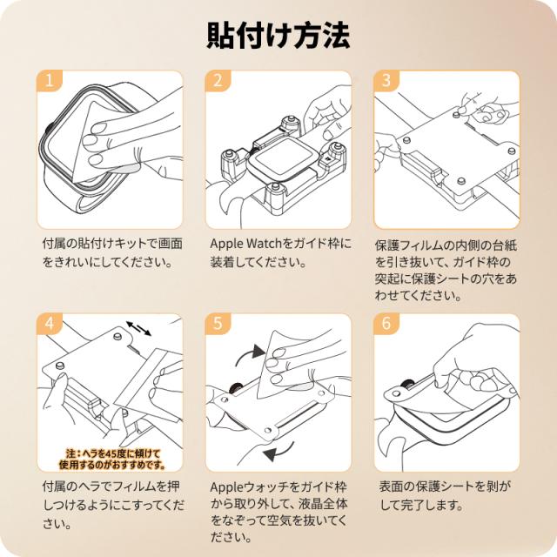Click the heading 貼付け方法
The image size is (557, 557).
(278, 36)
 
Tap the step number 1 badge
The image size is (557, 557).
(50, 81)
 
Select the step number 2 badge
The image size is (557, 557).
(218, 81)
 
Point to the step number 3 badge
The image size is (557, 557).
(386, 81)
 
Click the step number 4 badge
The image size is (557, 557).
(50, 324)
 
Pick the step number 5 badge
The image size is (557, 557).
(218, 324)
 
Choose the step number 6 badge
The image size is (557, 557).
(386, 324)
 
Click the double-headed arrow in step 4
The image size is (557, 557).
(139, 328)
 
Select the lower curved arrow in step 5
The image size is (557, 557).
(279, 451)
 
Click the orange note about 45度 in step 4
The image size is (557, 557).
(112, 459)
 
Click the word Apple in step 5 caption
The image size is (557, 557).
(225, 487)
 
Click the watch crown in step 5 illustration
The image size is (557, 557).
(235, 387)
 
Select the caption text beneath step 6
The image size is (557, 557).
(443, 495)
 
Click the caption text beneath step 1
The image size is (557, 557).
(112, 252)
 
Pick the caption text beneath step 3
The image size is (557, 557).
(446, 270)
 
